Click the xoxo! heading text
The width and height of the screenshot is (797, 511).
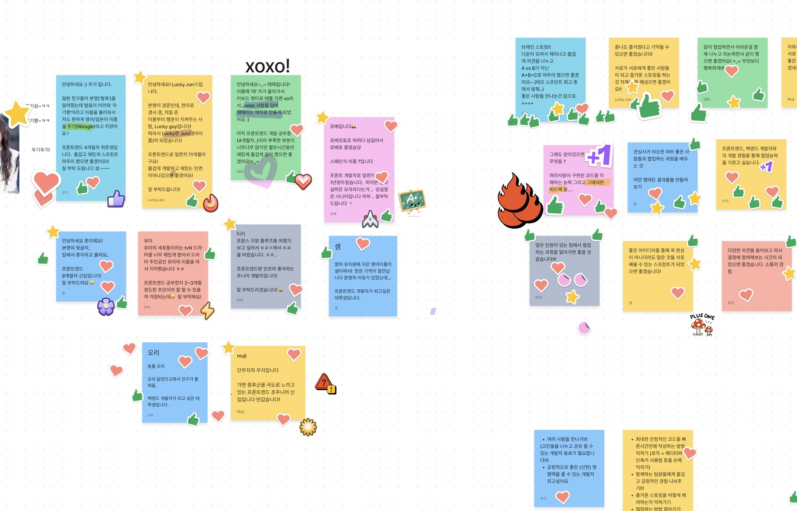[x=267, y=66]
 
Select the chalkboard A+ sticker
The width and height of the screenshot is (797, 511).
[x=412, y=202]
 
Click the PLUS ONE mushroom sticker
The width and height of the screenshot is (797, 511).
[x=702, y=325]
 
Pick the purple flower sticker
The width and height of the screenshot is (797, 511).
[x=106, y=307]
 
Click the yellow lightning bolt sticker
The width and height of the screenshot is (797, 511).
[x=208, y=310]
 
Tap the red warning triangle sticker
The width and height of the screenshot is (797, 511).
[x=325, y=383]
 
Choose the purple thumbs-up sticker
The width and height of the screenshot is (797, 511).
[x=116, y=199]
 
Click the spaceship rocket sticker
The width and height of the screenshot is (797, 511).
[x=370, y=219]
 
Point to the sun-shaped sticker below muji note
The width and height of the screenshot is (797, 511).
[x=308, y=427]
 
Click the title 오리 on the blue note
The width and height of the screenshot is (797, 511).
[x=153, y=353]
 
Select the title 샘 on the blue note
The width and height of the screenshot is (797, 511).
[x=338, y=247]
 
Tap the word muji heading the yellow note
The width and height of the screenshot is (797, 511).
[x=242, y=356]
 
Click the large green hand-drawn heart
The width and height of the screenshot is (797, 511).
[x=260, y=170]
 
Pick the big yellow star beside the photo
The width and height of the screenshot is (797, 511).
[x=17, y=112]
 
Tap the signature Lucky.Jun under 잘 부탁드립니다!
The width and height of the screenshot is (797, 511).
[x=156, y=200]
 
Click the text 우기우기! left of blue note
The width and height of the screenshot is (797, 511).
[x=41, y=150]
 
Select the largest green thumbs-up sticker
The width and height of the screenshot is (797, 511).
[x=649, y=106]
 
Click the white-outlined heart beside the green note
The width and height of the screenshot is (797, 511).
[x=303, y=181]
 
